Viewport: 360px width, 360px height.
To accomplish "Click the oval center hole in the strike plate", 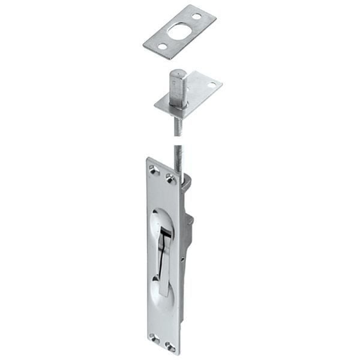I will (178, 31).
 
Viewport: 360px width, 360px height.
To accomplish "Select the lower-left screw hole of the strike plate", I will (161, 46).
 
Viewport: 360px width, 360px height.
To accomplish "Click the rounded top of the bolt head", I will (177, 73).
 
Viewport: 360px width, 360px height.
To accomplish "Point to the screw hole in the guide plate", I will (211, 85).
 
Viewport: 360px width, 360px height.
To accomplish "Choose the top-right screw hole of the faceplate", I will (170, 178).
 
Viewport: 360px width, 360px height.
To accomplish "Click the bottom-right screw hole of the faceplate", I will (169, 346).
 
